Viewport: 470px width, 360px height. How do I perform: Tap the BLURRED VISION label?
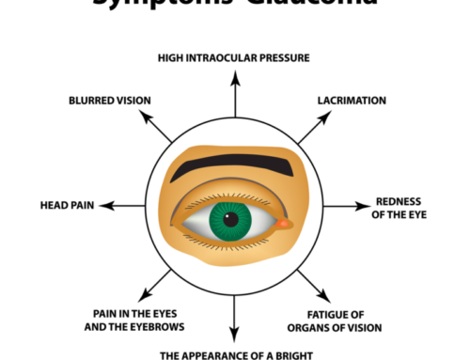(111, 99)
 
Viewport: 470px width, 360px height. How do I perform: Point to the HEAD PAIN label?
(65, 204)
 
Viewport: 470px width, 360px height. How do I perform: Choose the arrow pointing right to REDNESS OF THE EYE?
(352, 204)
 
